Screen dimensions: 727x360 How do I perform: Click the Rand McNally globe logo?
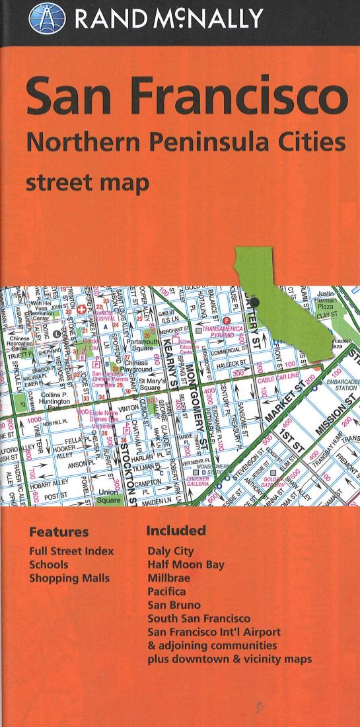click(x=48, y=18)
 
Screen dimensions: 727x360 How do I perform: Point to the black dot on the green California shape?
click(x=254, y=302)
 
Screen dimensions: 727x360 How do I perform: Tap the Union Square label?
click(x=110, y=496)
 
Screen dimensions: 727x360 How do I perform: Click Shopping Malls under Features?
click(x=69, y=578)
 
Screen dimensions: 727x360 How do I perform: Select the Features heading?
click(x=59, y=532)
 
